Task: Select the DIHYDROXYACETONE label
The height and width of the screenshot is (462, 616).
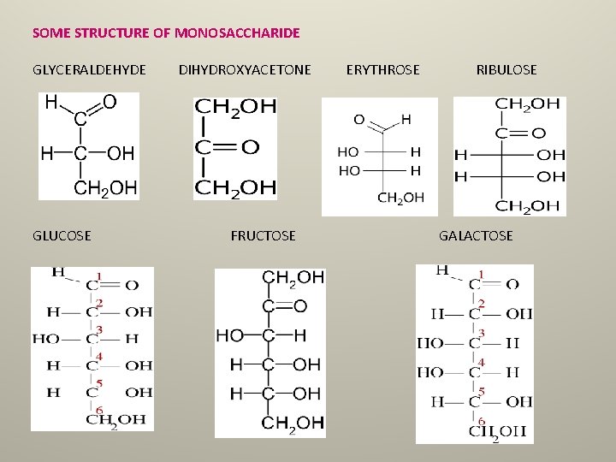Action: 245,69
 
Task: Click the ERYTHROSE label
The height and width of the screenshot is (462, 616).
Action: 382,69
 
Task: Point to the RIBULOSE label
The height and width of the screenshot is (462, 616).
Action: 506,69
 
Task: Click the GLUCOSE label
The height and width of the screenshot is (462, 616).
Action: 62,235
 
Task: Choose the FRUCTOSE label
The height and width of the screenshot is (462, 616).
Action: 263,235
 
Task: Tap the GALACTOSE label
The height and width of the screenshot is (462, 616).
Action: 476,235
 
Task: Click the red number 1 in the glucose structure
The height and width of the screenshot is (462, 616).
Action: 99,276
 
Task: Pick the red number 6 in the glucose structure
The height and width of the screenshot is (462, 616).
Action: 99,411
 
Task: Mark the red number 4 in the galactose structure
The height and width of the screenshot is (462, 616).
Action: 482,363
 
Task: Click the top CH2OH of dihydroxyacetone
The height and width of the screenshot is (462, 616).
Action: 235,107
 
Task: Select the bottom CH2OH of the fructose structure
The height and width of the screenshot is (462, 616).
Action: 293,423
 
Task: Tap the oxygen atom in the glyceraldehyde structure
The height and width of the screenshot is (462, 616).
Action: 110,102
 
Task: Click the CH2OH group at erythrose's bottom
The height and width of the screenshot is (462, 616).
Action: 400,198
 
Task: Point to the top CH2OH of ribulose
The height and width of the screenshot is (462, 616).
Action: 528,104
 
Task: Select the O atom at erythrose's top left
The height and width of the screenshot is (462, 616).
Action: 358,119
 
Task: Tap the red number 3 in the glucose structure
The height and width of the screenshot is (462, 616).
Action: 99,330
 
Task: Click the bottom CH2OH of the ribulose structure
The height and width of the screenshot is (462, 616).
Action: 528,205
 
